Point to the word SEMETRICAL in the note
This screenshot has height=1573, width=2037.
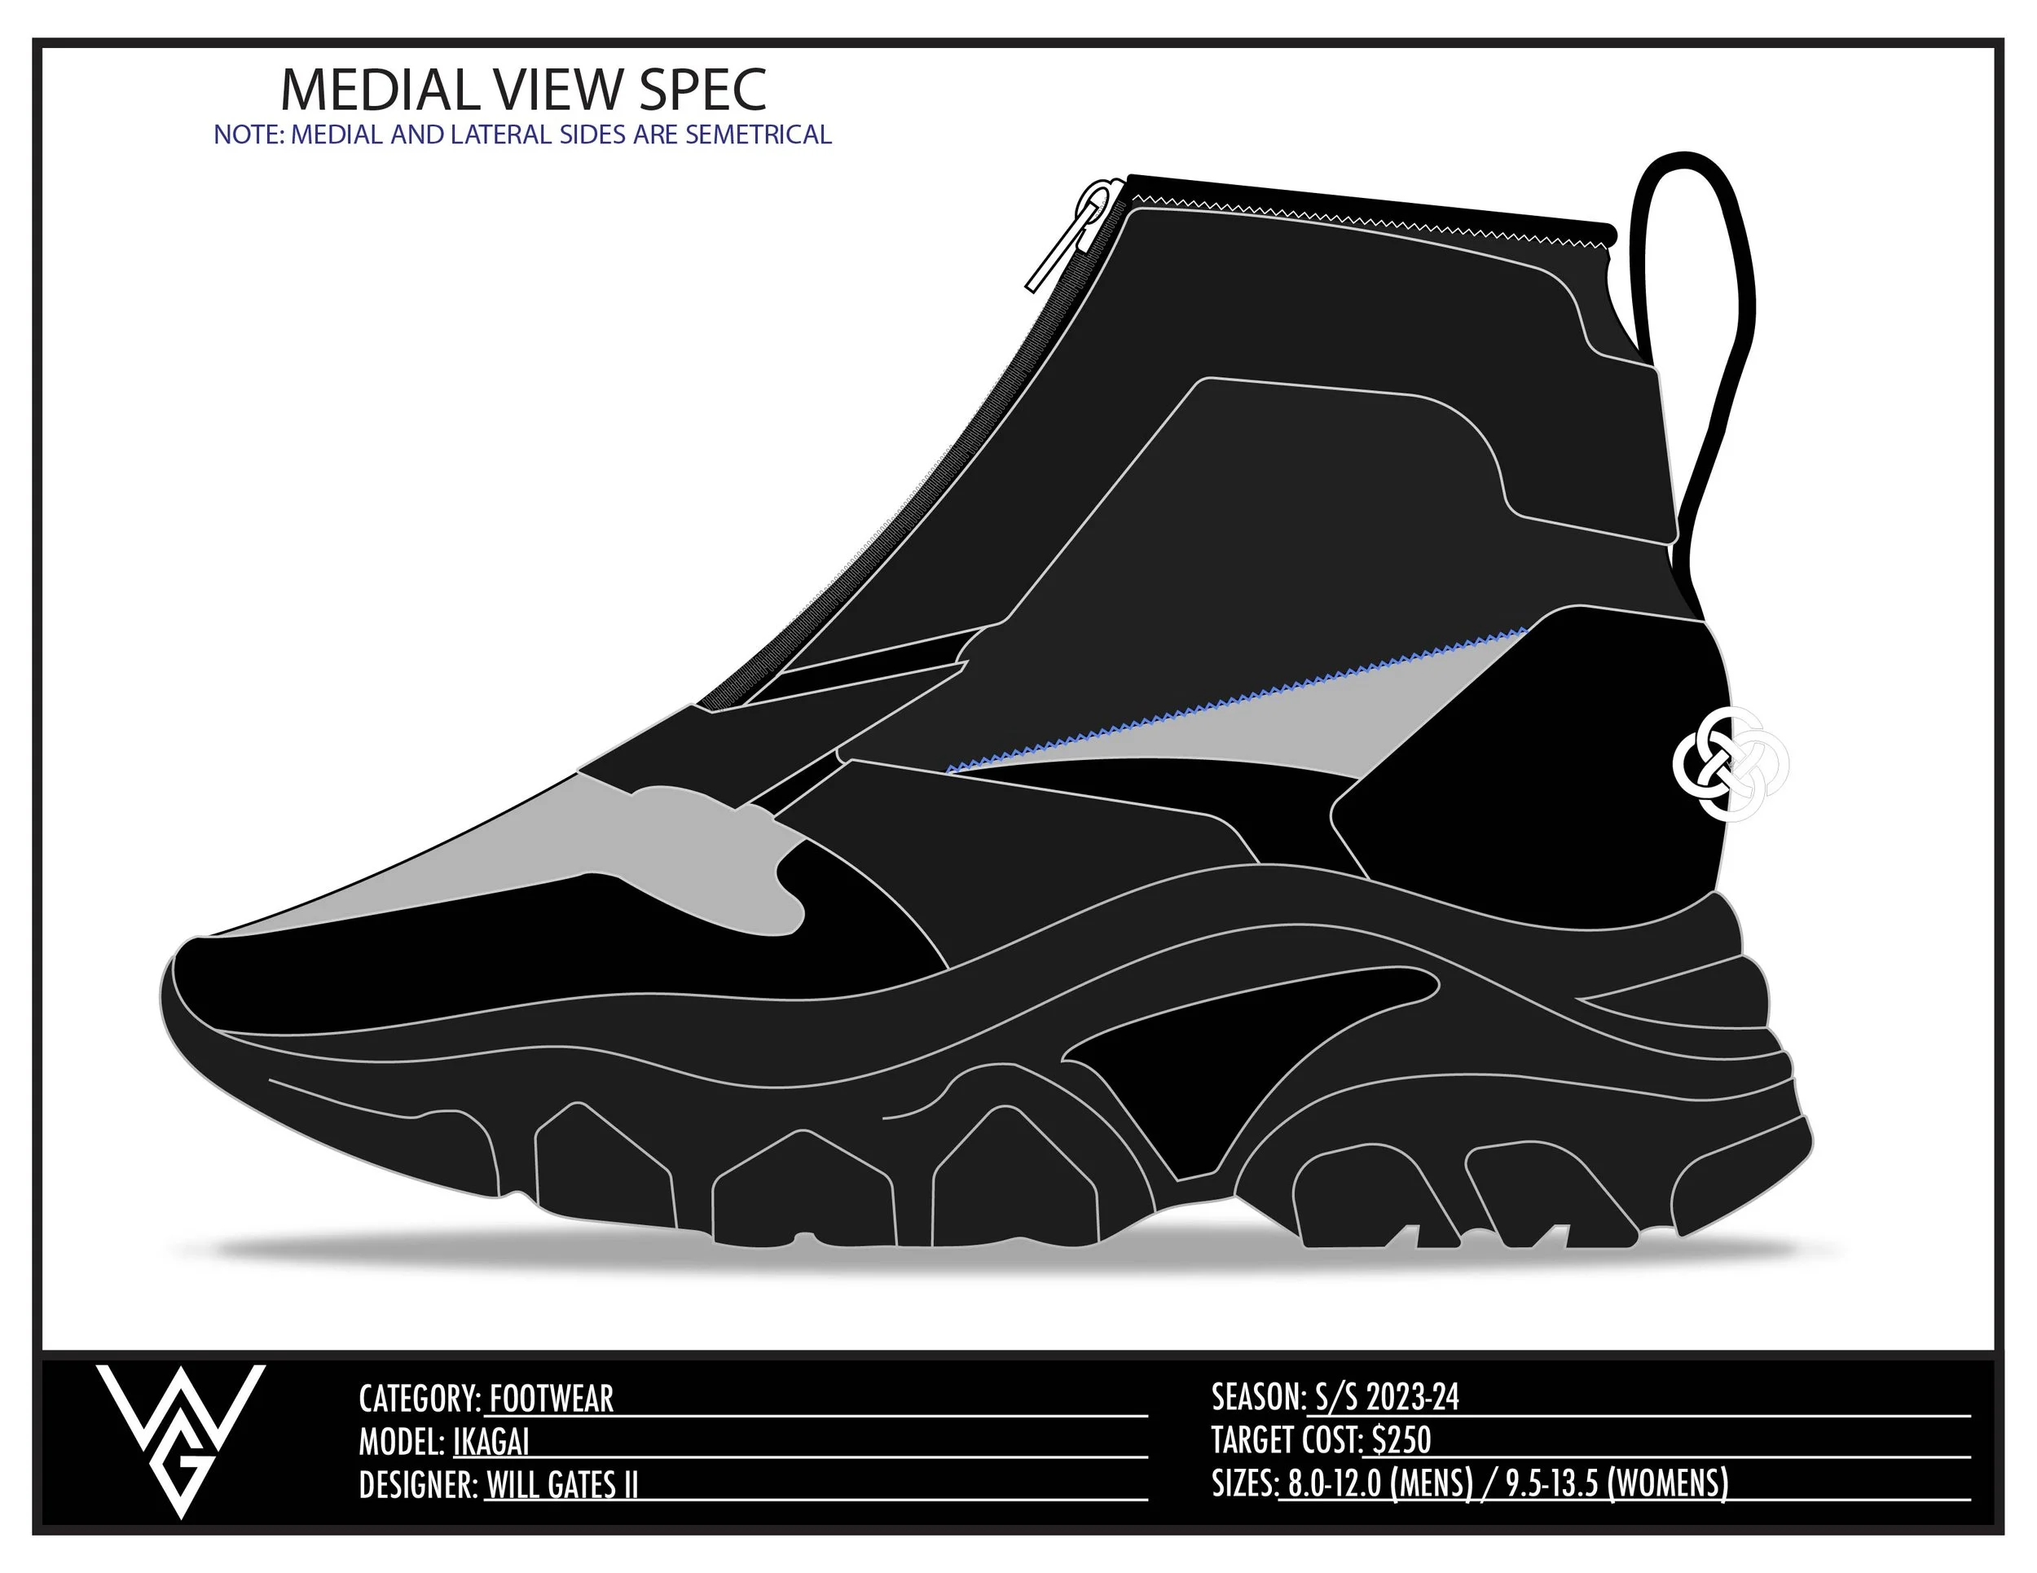click(x=757, y=135)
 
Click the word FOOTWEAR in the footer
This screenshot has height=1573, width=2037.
click(x=552, y=1399)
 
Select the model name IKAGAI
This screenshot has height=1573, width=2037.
click(x=491, y=1443)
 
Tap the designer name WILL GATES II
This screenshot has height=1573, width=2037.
click(x=561, y=1484)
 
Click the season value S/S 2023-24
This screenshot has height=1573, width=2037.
click(x=1387, y=1397)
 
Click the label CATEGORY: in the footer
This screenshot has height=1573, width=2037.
click(x=420, y=1399)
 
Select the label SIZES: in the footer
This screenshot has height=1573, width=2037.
click(x=1243, y=1483)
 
